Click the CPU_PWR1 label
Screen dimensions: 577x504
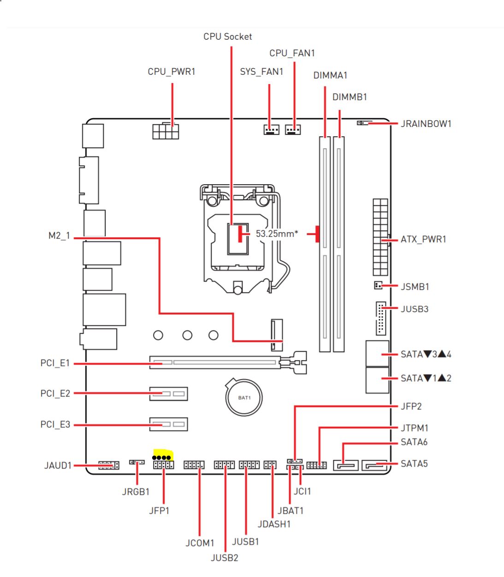click(172, 72)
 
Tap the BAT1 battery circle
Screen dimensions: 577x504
click(244, 397)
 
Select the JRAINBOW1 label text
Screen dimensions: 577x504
click(426, 124)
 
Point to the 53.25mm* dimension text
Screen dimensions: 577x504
click(277, 234)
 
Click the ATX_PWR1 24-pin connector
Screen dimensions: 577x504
click(380, 237)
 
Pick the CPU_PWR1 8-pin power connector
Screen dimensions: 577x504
click(166, 131)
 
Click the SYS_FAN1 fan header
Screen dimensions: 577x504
click(272, 130)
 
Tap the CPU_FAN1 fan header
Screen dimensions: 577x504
click(293, 130)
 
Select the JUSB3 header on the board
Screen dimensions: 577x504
click(380, 319)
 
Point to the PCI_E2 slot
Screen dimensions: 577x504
click(168, 393)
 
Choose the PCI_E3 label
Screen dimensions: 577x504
click(55, 424)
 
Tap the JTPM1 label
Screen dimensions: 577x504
click(414, 428)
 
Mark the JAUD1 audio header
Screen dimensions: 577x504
click(108, 465)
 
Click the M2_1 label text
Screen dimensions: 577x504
click(59, 236)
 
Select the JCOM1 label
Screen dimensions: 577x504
click(200, 543)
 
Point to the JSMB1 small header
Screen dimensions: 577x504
click(378, 286)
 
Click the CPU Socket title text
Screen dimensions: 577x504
click(228, 36)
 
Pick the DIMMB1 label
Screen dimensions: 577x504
click(350, 97)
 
